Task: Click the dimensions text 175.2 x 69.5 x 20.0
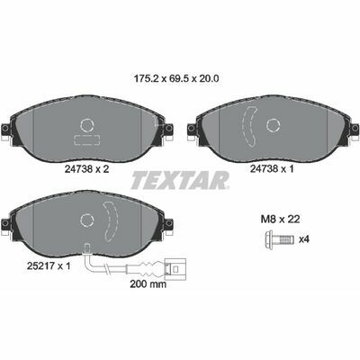coord(175,78)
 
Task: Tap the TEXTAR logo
coord(180,180)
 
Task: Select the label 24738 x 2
coord(87,169)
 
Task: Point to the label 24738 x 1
coord(272,169)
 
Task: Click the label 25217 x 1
coord(49,265)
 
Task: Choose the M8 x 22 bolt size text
coord(280,220)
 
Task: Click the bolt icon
coord(279,239)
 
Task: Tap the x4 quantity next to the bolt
coord(304,239)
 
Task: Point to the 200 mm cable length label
coord(148,284)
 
